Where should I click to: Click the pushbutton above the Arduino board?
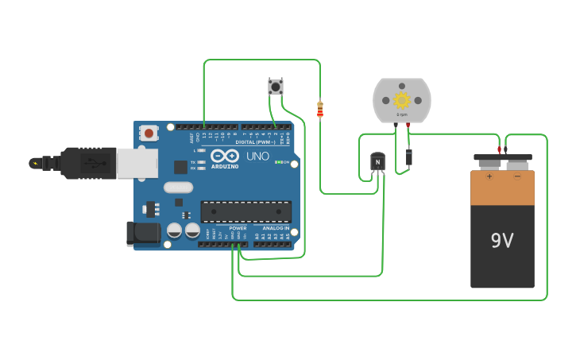tap(276, 87)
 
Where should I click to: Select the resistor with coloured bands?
tap(320, 110)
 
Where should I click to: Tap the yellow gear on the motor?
tap(401, 99)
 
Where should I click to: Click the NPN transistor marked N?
tap(377, 162)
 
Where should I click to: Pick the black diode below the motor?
tap(408, 157)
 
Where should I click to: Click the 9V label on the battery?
tap(502, 240)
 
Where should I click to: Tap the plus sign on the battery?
tap(489, 176)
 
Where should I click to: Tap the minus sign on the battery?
tap(517, 176)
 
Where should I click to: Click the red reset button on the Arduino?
tap(149, 134)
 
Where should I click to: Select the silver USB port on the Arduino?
tap(136, 163)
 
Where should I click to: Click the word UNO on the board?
tap(257, 157)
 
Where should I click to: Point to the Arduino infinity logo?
tap(225, 155)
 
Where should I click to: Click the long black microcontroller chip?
tap(245, 211)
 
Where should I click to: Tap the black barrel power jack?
tap(142, 232)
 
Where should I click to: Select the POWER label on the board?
tap(238, 228)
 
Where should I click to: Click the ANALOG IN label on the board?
tap(276, 228)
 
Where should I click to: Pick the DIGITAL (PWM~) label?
tap(256, 142)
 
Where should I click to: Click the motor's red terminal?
tap(408, 125)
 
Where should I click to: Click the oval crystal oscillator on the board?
tap(179, 188)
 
